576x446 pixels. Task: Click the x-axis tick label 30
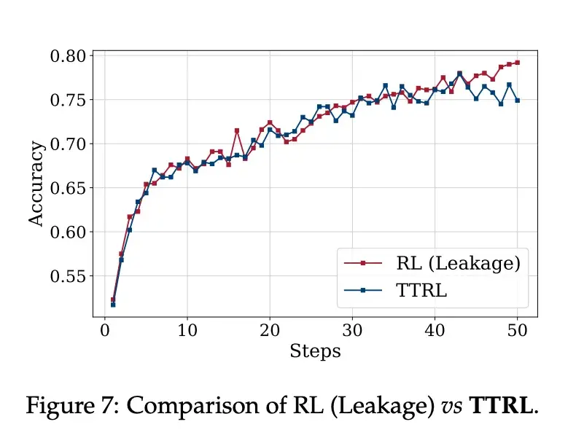pos(352,329)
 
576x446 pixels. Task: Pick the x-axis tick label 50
pos(518,329)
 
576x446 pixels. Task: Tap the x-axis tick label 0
pos(104,329)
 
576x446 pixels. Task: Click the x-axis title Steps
pos(315,351)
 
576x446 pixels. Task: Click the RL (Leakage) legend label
pos(458,263)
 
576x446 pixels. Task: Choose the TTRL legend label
pos(421,290)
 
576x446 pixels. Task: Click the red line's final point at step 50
pos(517,63)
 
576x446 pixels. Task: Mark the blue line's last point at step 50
pos(517,101)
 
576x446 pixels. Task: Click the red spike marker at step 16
pos(237,130)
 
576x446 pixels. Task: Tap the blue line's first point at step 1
pos(113,305)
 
